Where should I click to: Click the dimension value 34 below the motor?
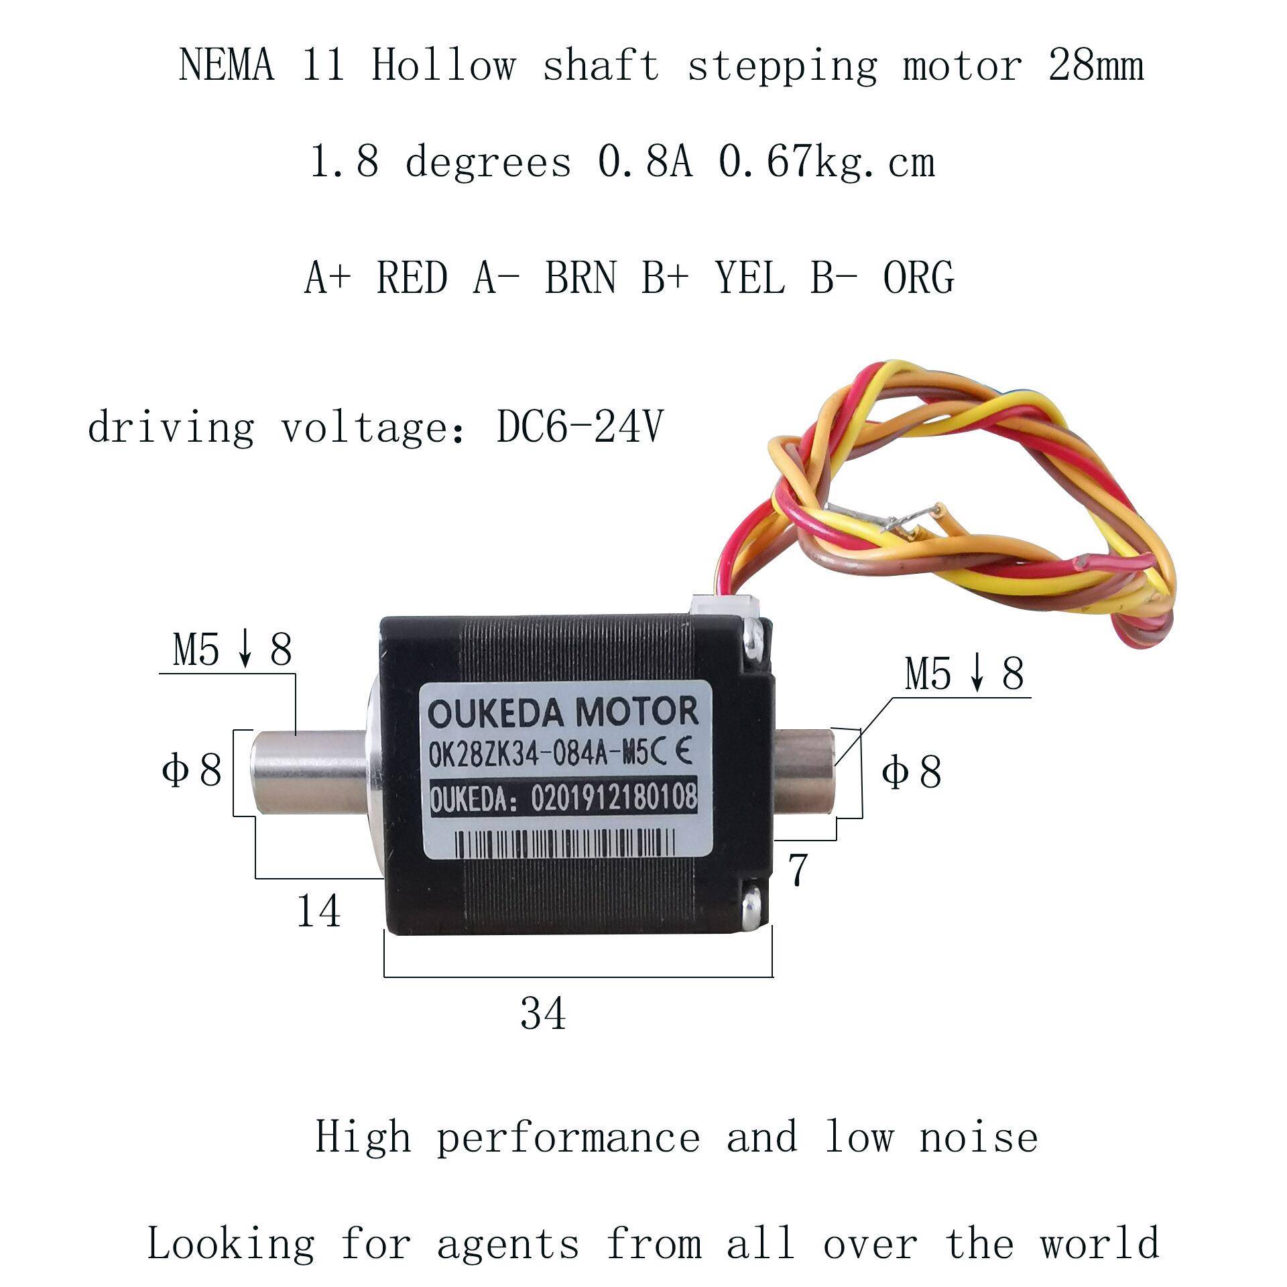pyautogui.click(x=543, y=1014)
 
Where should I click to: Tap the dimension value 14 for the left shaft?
pyautogui.click(x=318, y=911)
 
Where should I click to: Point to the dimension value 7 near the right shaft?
pyautogui.click(x=797, y=871)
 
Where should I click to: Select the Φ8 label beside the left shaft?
pyautogui.click(x=192, y=770)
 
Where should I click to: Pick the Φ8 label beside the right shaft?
pyautogui.click(x=912, y=772)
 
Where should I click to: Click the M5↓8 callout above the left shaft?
pyautogui.click(x=232, y=650)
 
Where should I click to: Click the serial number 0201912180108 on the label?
pyautogui.click(x=613, y=798)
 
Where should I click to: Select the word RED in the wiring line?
pyautogui.click(x=412, y=278)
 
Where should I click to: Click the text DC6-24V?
pyautogui.click(x=580, y=426)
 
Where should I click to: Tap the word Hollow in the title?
pyautogui.click(x=443, y=66)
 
